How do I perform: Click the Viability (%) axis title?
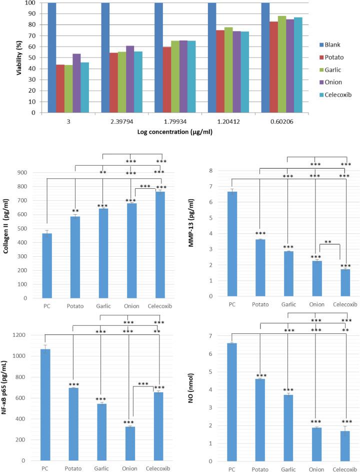click(6, 58)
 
